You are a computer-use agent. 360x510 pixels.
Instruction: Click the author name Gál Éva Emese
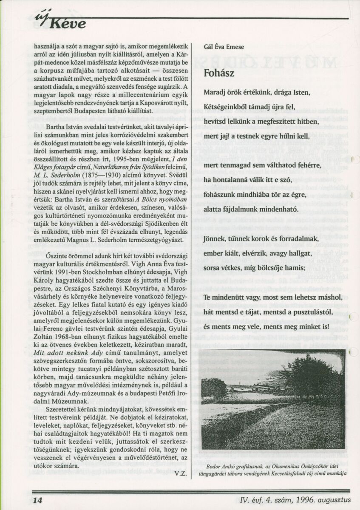click(x=224, y=47)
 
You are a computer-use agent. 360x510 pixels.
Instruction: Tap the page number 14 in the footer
click(x=37, y=500)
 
